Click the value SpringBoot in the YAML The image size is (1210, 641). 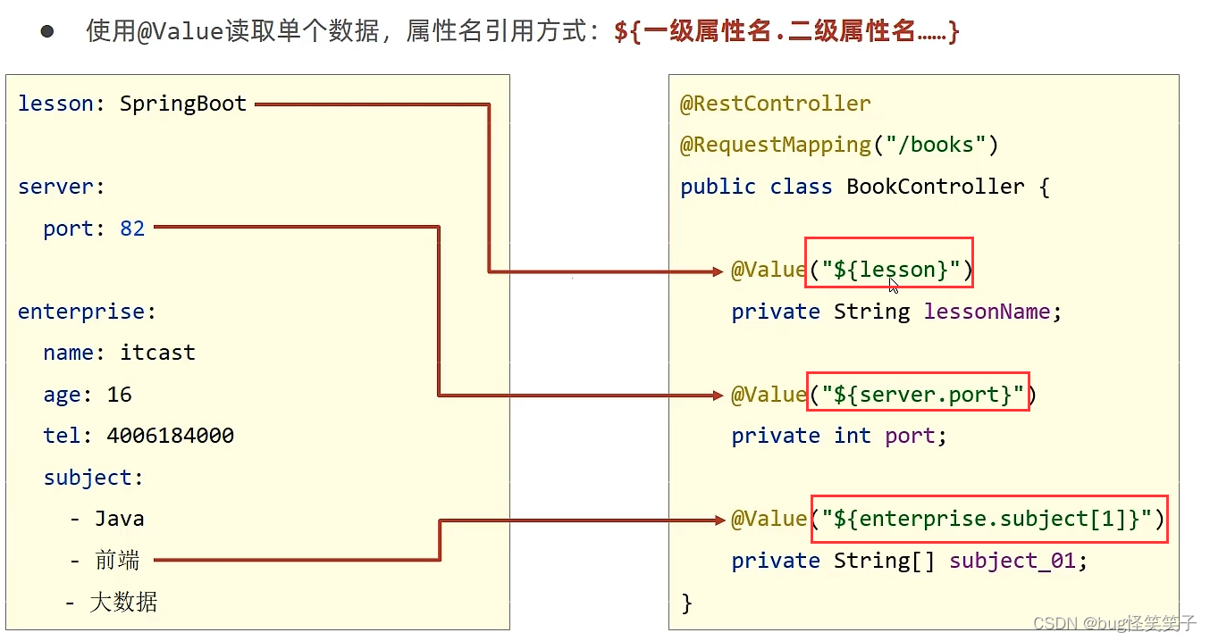183,104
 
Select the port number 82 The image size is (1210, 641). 132,229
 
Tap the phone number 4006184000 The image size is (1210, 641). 170,436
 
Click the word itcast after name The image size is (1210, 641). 157,353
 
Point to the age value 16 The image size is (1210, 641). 119,395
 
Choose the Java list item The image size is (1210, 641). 119,519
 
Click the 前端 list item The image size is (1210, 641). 117,561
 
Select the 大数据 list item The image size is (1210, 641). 123,602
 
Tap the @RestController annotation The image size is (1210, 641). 775,104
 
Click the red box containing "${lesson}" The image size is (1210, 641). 888,262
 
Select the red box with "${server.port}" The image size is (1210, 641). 918,391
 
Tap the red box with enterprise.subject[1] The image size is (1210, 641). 989,519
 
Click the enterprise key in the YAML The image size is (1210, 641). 81,312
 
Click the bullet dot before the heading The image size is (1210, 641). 46,32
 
